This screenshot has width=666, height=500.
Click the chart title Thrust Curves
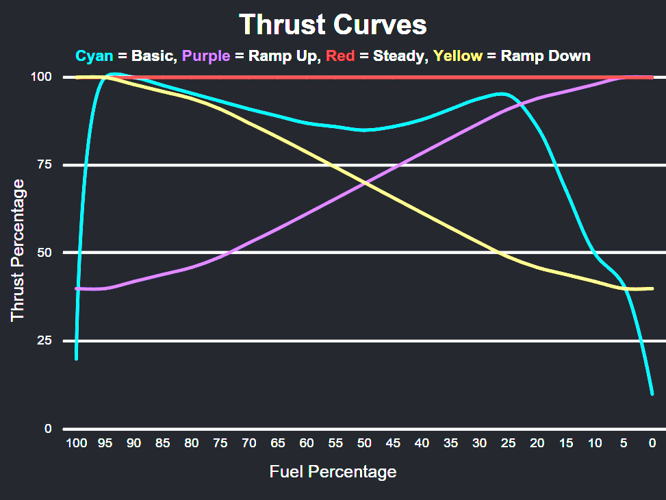333,25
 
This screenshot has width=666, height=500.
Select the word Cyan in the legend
94,56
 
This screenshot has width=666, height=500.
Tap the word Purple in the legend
206,56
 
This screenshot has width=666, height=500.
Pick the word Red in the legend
340,56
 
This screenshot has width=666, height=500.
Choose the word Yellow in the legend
458,56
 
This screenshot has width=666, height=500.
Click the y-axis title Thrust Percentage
18,249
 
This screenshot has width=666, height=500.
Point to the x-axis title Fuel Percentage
333,471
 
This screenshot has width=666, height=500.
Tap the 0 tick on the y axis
48,429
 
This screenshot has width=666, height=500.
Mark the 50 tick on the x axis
364,443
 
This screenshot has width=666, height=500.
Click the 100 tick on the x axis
76,443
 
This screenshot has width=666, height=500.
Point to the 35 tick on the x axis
450,443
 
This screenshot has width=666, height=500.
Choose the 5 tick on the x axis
623,443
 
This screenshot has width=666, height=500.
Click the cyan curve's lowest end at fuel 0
652,394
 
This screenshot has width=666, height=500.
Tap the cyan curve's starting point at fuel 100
76,358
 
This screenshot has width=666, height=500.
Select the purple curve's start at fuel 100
76,288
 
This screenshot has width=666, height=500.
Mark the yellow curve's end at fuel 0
652,288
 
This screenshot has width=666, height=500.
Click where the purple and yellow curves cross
364,183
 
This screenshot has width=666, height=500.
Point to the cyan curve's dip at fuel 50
364,129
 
